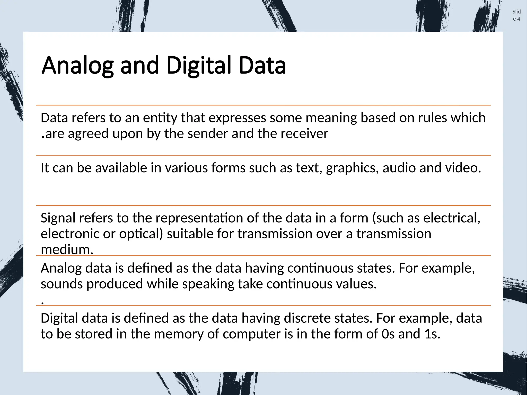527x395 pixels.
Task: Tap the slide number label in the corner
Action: (x=516, y=15)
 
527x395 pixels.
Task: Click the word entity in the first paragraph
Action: (x=160, y=118)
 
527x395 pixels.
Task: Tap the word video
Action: (x=463, y=168)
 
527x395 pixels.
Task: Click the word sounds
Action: (x=62, y=284)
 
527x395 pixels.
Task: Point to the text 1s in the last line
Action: (x=432, y=334)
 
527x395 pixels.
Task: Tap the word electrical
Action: (x=452, y=218)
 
